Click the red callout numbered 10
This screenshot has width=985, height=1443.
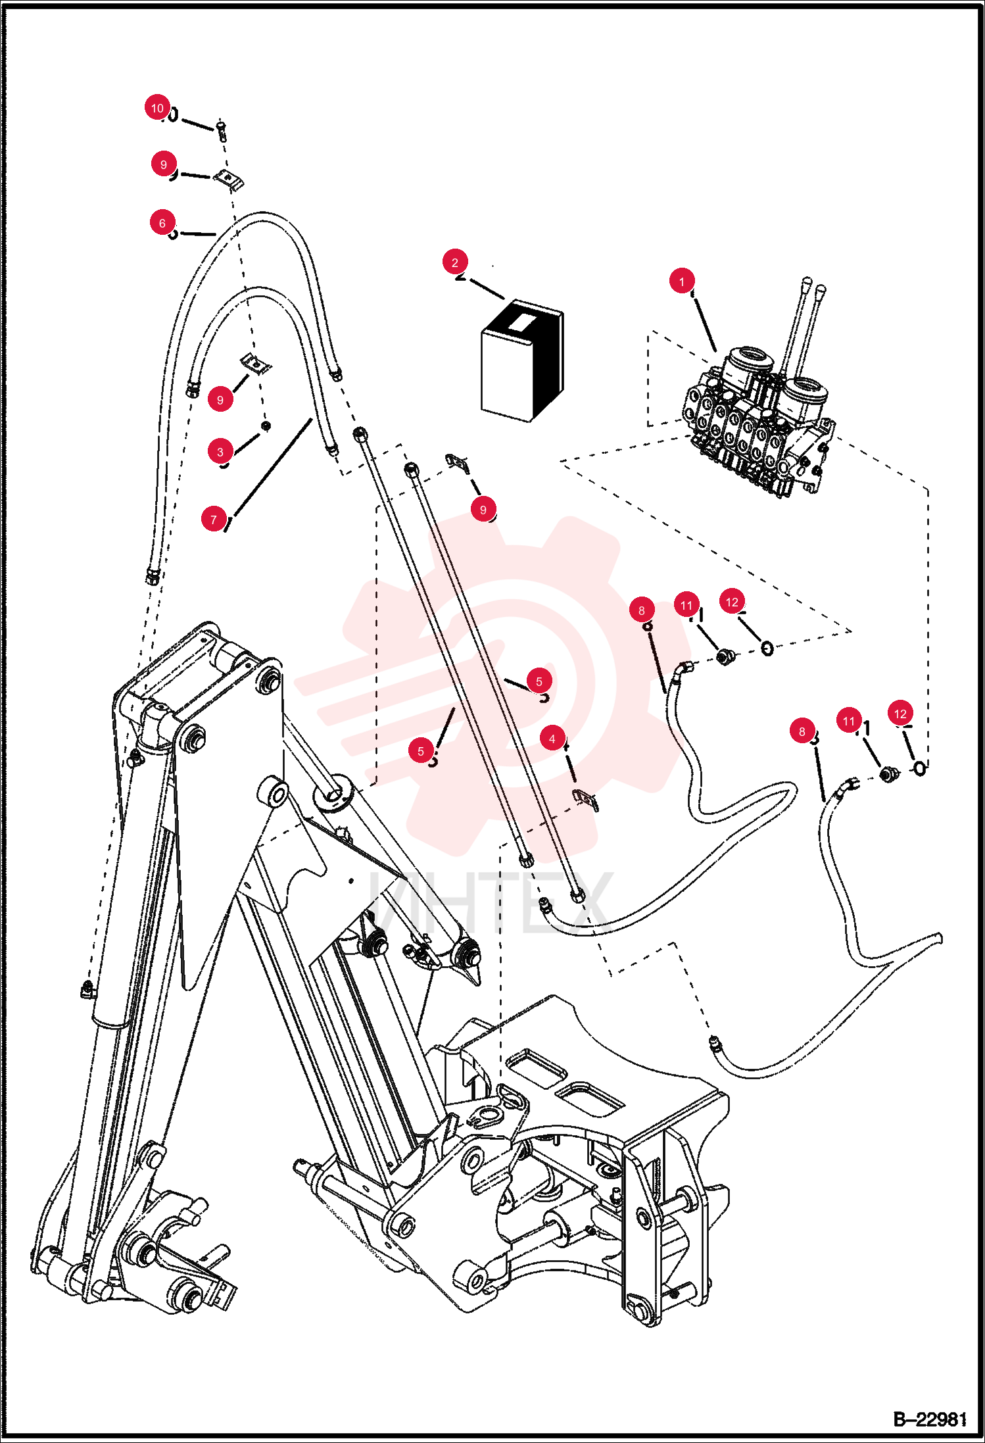(157, 108)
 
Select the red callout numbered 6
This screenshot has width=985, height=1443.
(162, 223)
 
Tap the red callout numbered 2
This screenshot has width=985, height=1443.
(455, 262)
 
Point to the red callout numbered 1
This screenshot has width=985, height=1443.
(682, 281)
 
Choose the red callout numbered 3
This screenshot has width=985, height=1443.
(220, 452)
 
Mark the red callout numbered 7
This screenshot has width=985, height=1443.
(214, 520)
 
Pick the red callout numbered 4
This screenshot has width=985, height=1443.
(552, 739)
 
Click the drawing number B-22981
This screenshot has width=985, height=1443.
(930, 1419)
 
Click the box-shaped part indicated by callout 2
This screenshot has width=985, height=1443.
(523, 360)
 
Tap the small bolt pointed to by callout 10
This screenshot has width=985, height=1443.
(222, 130)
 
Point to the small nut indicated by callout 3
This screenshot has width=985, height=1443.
(266, 426)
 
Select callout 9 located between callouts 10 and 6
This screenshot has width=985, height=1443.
(164, 164)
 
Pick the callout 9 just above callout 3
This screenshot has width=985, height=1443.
(220, 399)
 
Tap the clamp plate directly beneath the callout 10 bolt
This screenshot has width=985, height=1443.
(228, 179)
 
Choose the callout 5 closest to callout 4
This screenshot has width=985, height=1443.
(539, 681)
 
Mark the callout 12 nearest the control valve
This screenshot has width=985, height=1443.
(732, 602)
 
